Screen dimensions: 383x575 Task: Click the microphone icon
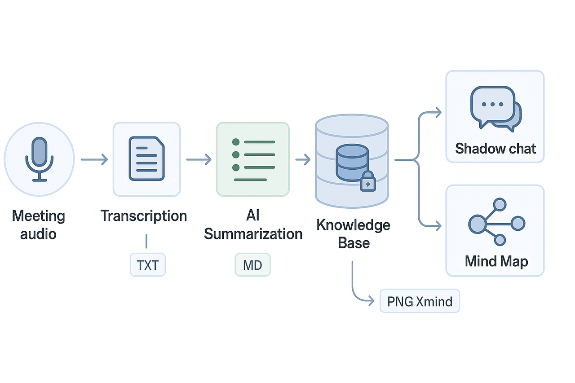click(x=40, y=159)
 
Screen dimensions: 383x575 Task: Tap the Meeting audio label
click(x=39, y=225)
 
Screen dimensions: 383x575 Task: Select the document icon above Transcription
click(x=146, y=159)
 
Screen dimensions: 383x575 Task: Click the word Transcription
click(x=144, y=216)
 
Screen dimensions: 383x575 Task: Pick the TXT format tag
click(x=148, y=265)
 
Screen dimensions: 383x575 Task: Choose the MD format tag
click(x=252, y=265)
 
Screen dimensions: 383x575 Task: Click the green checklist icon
click(x=252, y=159)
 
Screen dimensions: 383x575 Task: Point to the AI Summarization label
click(x=253, y=225)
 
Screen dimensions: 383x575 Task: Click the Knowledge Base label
click(x=354, y=234)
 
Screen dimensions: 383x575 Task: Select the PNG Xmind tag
click(x=420, y=301)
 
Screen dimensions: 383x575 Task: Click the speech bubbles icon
click(x=495, y=109)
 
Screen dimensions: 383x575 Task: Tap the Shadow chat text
click(x=495, y=149)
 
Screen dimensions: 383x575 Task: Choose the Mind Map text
click(x=496, y=261)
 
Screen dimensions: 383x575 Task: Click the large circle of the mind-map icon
click(x=477, y=223)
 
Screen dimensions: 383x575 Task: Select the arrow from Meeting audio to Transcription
click(x=94, y=159)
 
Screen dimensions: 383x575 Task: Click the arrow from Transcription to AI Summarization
click(x=199, y=159)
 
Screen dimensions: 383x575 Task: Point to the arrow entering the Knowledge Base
click(x=303, y=159)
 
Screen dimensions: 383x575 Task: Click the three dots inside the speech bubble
click(x=492, y=104)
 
